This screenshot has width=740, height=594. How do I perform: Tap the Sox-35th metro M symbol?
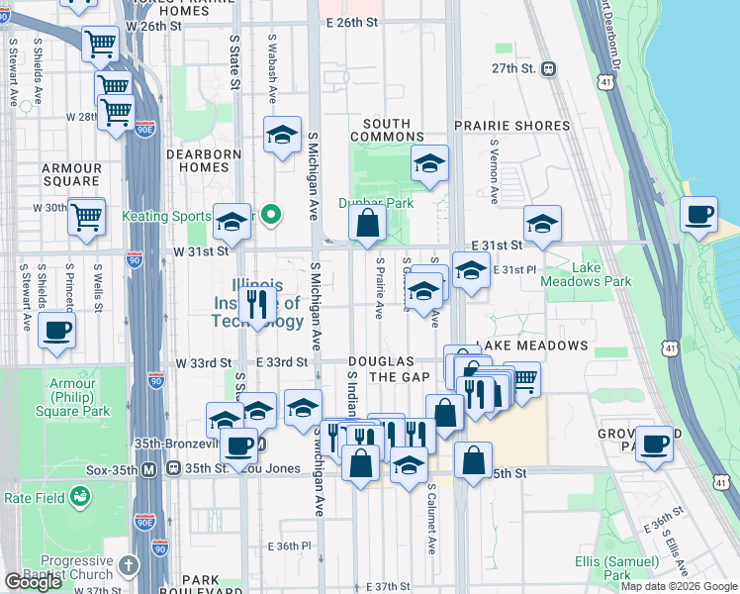click(148, 468)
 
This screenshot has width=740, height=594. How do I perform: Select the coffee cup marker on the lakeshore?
click(699, 216)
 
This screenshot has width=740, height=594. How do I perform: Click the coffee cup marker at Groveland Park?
click(654, 445)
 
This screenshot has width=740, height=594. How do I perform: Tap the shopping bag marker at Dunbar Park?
click(367, 223)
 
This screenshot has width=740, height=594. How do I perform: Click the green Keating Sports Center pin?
click(277, 215)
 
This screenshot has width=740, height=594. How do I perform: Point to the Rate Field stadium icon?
click(79, 500)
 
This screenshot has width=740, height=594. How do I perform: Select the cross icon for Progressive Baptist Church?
click(128, 565)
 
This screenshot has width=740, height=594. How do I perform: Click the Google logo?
click(33, 581)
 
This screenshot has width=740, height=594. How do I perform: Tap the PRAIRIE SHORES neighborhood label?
click(511, 127)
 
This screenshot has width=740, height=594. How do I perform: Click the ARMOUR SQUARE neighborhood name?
click(71, 175)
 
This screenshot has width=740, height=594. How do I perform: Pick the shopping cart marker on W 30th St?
click(87, 214)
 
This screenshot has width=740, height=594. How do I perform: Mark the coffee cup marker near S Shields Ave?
click(57, 332)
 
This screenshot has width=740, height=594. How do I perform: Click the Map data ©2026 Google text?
click(678, 586)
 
